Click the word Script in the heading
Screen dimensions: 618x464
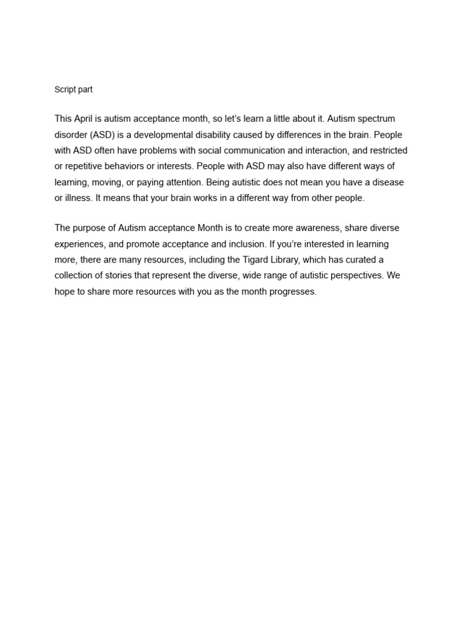click(65, 89)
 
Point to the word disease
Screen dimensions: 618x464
click(387, 182)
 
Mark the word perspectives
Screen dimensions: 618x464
click(354, 276)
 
